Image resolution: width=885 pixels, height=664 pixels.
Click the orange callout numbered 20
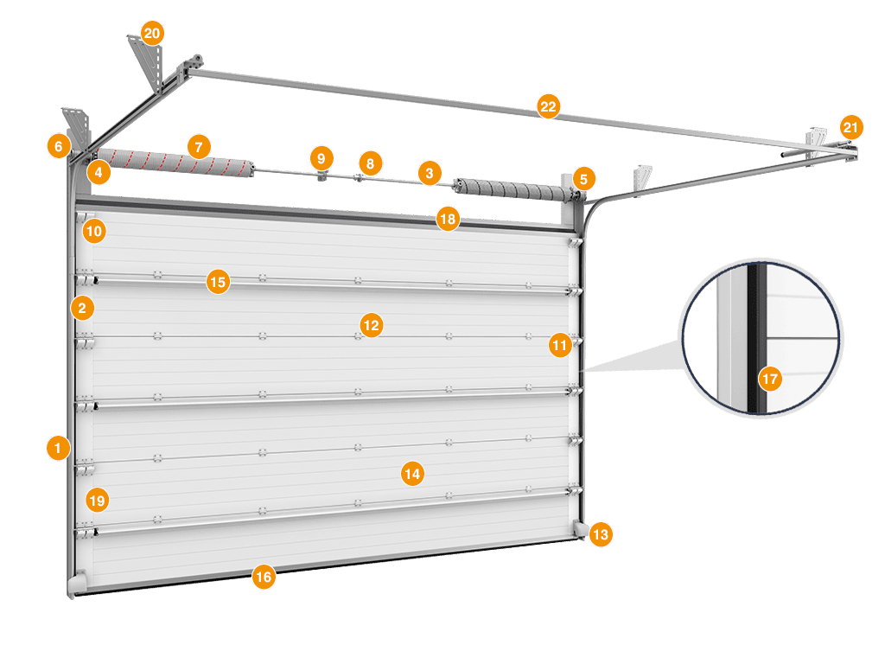pyautogui.click(x=152, y=35)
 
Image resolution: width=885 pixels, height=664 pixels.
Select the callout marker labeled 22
pyautogui.click(x=548, y=106)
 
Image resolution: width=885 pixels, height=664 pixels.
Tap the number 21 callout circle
pyautogui.click(x=851, y=128)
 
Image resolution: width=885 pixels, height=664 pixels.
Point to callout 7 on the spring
pyautogui.click(x=199, y=147)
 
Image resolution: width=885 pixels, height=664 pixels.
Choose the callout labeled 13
pyautogui.click(x=600, y=535)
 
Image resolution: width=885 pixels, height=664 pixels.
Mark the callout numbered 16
pyautogui.click(x=264, y=577)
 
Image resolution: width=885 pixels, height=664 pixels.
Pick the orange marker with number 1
pyautogui.click(x=58, y=448)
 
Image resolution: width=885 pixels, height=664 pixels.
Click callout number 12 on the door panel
pyautogui.click(x=372, y=325)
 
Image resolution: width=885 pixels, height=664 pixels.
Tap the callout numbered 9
pyautogui.click(x=322, y=158)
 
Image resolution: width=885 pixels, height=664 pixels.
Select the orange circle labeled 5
pyautogui.click(x=583, y=179)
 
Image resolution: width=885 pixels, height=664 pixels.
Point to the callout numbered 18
pyautogui.click(x=448, y=219)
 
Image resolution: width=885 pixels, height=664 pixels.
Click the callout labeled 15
pyautogui.click(x=218, y=282)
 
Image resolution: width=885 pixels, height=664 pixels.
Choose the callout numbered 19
pyautogui.click(x=97, y=500)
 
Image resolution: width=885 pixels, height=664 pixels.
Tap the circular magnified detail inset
pyautogui.click(x=761, y=337)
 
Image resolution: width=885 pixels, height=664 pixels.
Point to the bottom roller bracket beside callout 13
pyautogui.click(x=578, y=528)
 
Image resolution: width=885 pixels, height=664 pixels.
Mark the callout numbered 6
pyautogui.click(x=58, y=146)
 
